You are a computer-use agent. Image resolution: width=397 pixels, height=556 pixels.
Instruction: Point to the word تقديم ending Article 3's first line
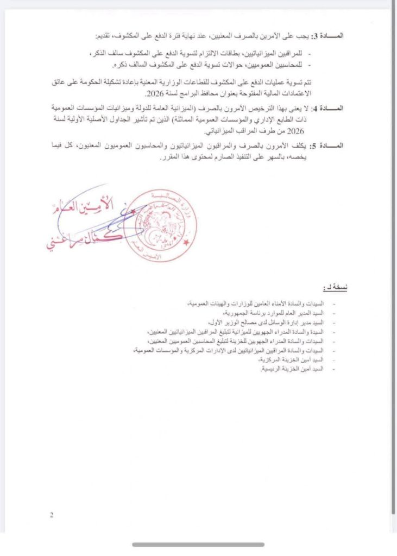point(104,36)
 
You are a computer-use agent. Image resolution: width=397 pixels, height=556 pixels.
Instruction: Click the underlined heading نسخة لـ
point(335,287)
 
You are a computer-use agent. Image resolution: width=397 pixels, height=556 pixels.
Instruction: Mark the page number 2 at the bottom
point(52,515)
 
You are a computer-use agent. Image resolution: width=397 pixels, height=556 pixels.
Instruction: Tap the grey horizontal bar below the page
point(198,545)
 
